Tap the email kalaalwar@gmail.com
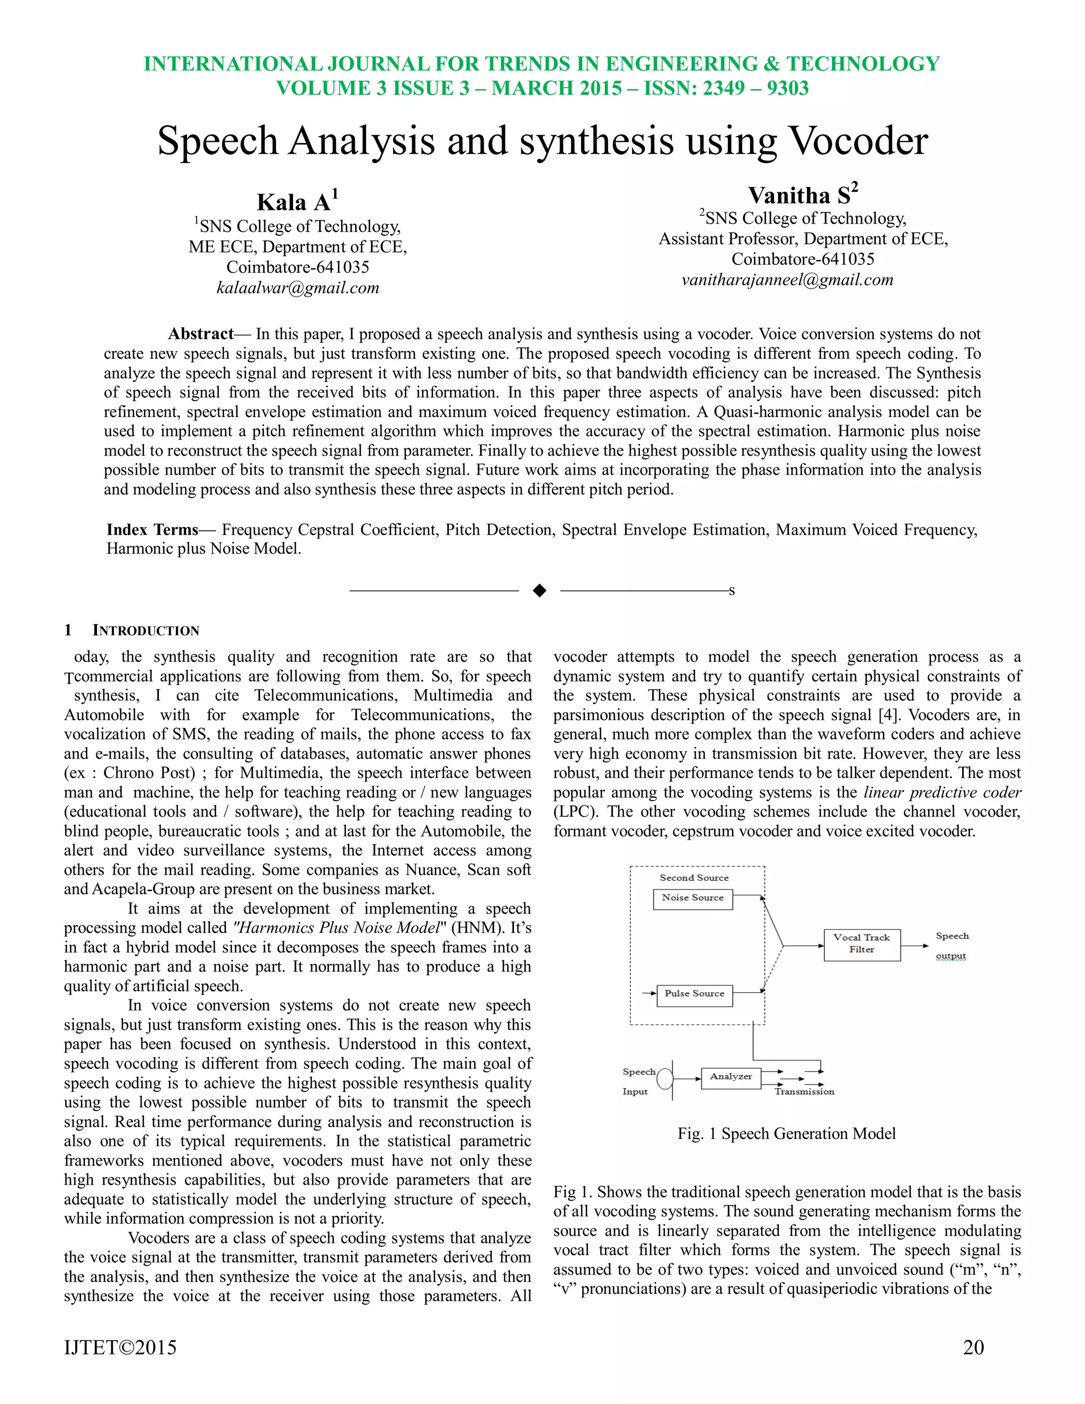coord(298,288)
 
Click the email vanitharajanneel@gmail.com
coord(787,280)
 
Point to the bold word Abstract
coord(201,334)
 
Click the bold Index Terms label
coord(153,530)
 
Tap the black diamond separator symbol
coord(540,591)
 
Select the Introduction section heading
coord(145,630)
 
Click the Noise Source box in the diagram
coord(693,898)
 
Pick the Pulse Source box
coord(694,993)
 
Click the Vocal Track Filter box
coord(862,943)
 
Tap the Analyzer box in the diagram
coord(731,1076)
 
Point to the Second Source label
coord(694,877)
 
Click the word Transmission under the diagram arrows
coord(804,1091)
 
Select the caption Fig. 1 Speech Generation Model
coord(786,1133)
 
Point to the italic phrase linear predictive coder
coord(942,793)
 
